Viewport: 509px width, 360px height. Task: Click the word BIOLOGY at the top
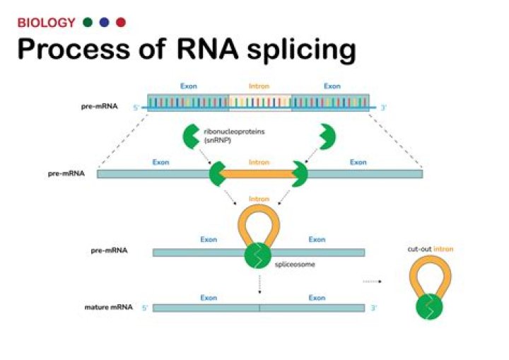(x=46, y=23)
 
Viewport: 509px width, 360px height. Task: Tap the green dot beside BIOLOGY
(x=88, y=23)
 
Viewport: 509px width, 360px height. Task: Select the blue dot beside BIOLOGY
(x=104, y=23)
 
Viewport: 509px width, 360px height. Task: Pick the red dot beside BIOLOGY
(x=120, y=23)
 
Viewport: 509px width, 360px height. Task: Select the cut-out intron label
(x=430, y=249)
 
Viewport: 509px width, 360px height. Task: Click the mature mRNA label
(x=106, y=308)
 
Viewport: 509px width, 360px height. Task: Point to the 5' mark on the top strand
(x=137, y=108)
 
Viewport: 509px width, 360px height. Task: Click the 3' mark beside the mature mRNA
(x=375, y=308)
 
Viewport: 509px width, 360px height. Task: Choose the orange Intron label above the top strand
(x=259, y=86)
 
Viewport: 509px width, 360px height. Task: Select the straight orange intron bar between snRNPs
(x=258, y=173)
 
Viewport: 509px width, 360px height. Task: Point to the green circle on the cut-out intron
(x=430, y=308)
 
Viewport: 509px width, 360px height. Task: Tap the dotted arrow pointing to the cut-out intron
(x=372, y=281)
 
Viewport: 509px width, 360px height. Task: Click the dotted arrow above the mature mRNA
(x=259, y=283)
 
